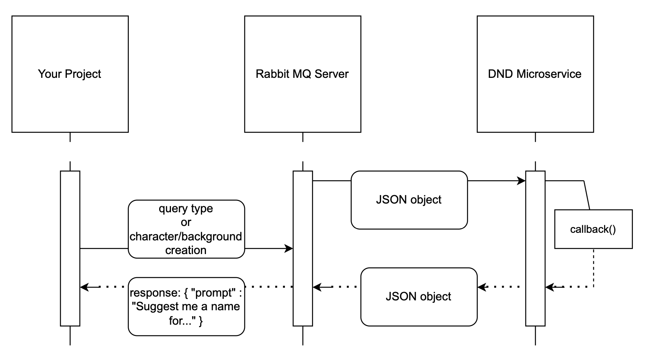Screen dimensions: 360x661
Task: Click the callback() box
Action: pyautogui.click(x=593, y=229)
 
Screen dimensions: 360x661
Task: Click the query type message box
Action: pyautogui.click(x=186, y=229)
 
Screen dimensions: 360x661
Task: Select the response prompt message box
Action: pyautogui.click(x=186, y=306)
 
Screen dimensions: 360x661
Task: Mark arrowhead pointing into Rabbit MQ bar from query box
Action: pyautogui.click(x=289, y=249)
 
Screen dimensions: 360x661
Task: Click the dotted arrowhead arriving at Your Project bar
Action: pyautogui.click(x=84, y=287)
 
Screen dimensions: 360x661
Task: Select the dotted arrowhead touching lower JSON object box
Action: pyautogui.click(x=482, y=287)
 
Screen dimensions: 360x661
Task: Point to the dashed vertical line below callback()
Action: pyautogui.click(x=593, y=268)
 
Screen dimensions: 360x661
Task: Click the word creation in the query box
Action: pyautogui.click(x=186, y=250)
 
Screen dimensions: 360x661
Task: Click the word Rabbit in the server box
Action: pyautogui.click(x=268, y=74)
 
